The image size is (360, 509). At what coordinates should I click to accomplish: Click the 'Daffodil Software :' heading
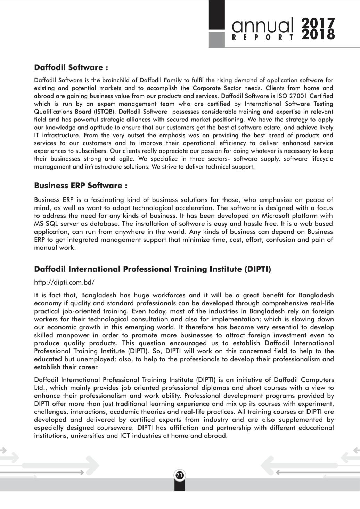[71, 67]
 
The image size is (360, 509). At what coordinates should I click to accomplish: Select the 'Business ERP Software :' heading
[81, 186]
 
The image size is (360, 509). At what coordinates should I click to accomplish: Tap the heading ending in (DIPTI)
[153, 269]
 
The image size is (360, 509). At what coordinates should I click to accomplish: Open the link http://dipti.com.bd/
[64, 282]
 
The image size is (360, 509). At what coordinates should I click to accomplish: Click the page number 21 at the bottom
[180, 475]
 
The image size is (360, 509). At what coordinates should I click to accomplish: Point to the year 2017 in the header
[318, 23]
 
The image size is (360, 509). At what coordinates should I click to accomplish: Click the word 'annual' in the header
[262, 24]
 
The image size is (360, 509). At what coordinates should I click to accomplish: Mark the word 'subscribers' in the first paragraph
[91, 151]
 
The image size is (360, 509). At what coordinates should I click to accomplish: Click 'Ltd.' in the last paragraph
[41, 388]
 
